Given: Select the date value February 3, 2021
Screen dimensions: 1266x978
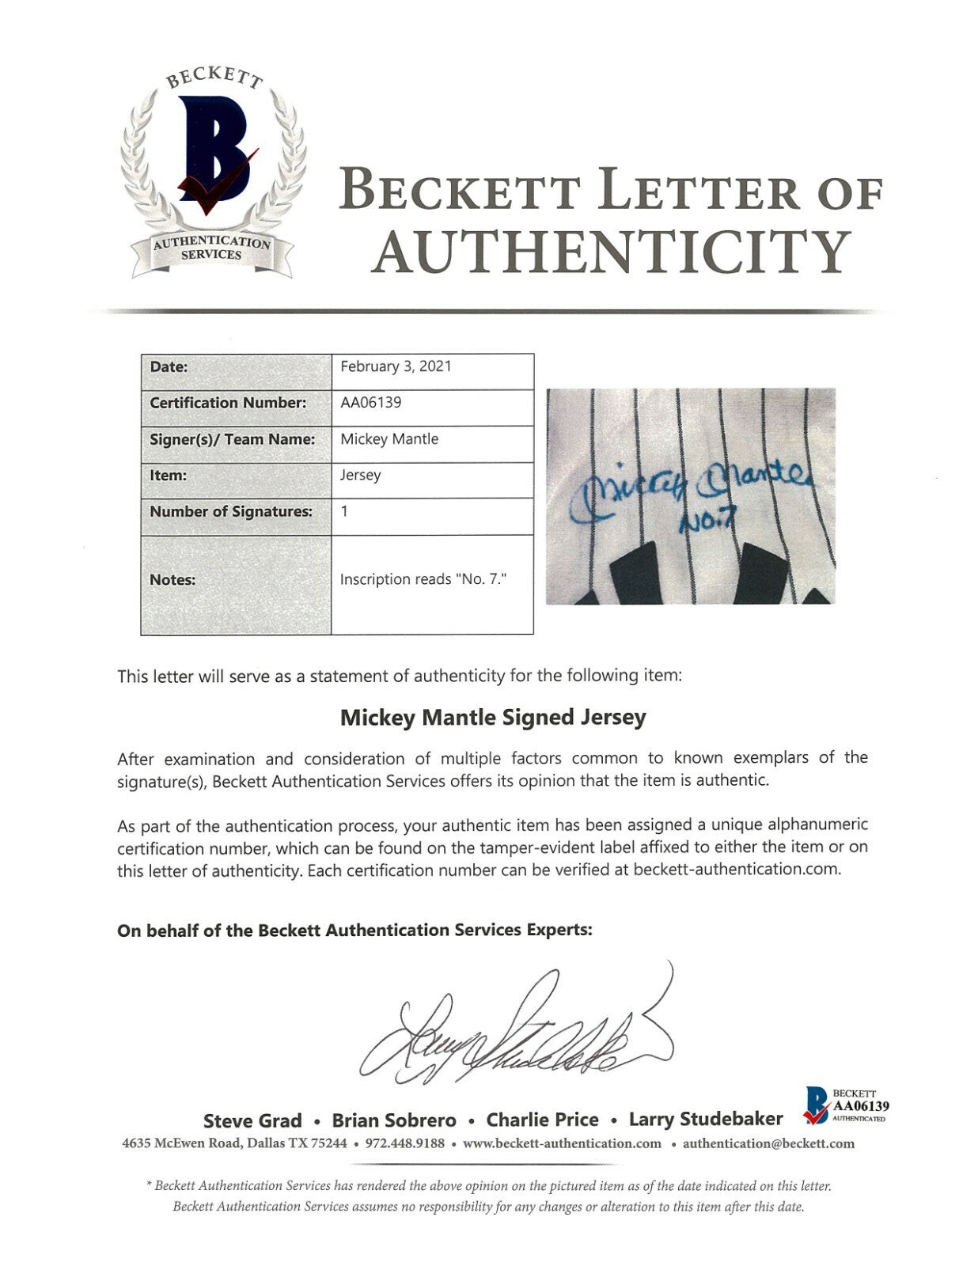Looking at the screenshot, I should click(396, 366).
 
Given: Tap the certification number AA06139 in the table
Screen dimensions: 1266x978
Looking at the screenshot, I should click(371, 402).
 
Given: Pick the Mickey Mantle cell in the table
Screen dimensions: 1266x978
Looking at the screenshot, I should click(389, 438).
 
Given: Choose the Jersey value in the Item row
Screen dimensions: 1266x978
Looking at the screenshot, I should click(361, 475).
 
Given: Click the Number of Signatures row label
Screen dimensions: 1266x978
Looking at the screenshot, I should click(231, 511).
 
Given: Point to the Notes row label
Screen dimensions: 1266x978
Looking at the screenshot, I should click(172, 579).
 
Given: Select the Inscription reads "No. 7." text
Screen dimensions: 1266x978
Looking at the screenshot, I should click(423, 579).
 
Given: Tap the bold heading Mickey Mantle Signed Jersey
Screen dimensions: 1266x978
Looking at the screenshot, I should click(493, 718).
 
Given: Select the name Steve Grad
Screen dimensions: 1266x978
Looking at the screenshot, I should click(252, 1120).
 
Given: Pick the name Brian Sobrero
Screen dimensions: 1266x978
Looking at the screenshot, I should click(394, 1120).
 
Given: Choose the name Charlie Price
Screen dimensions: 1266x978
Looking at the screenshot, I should click(542, 1120).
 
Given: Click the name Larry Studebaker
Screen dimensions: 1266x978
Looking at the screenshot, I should click(706, 1120).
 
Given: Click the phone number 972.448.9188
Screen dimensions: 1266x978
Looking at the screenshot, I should click(405, 1143).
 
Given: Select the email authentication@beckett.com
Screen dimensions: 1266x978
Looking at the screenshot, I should click(768, 1143).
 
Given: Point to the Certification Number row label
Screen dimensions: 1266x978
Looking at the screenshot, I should click(228, 402).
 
